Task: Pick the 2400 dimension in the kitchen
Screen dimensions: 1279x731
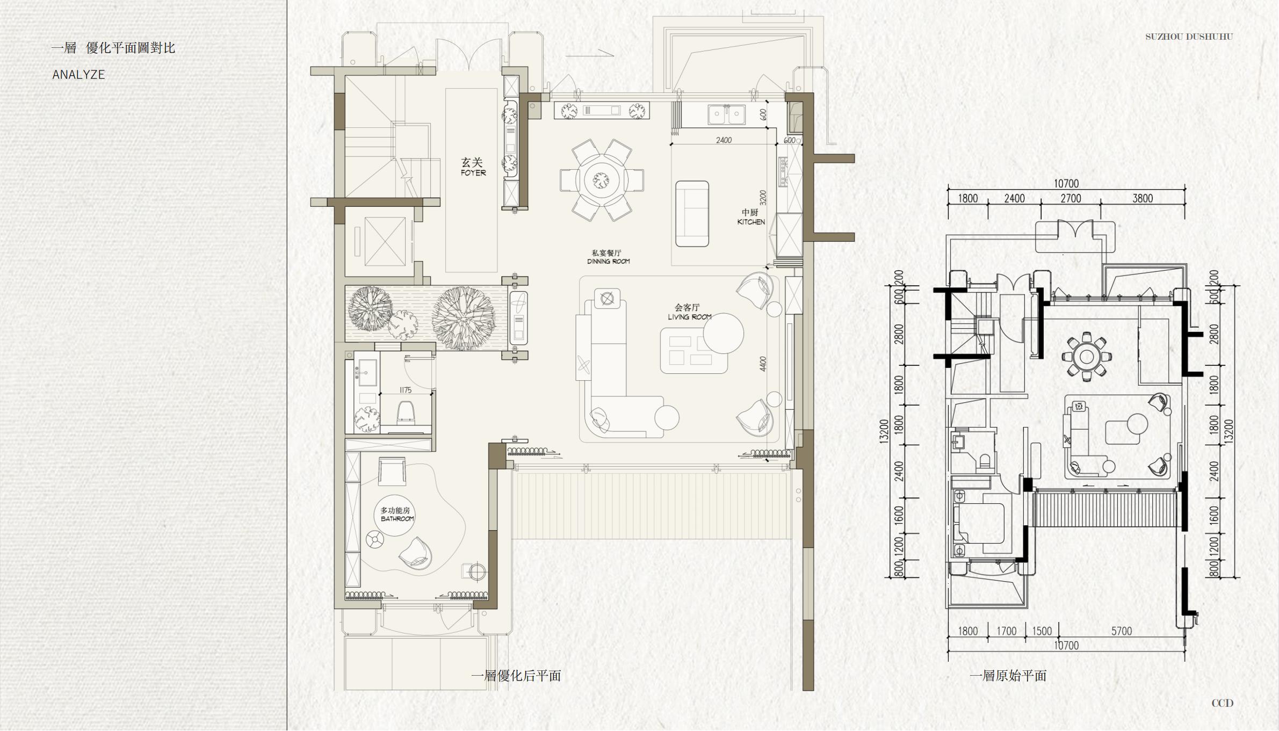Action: click(x=724, y=140)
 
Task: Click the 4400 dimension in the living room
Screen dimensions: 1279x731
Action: click(x=763, y=364)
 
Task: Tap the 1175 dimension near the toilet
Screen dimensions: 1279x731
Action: click(x=406, y=390)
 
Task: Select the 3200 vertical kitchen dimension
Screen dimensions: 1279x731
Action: click(x=763, y=198)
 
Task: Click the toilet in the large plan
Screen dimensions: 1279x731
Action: click(x=406, y=412)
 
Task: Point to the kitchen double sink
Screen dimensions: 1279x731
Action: click(x=726, y=114)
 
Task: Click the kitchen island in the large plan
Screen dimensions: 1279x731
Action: click(x=692, y=214)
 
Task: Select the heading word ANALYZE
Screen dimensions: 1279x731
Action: click(x=78, y=75)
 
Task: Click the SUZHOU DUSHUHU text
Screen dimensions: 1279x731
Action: click(x=1189, y=37)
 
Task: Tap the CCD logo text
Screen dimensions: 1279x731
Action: click(x=1222, y=703)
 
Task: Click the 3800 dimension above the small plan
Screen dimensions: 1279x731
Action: click(x=1143, y=198)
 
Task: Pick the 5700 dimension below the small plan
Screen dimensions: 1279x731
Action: click(x=1122, y=631)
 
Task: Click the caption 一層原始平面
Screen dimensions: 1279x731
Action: click(x=1008, y=676)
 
